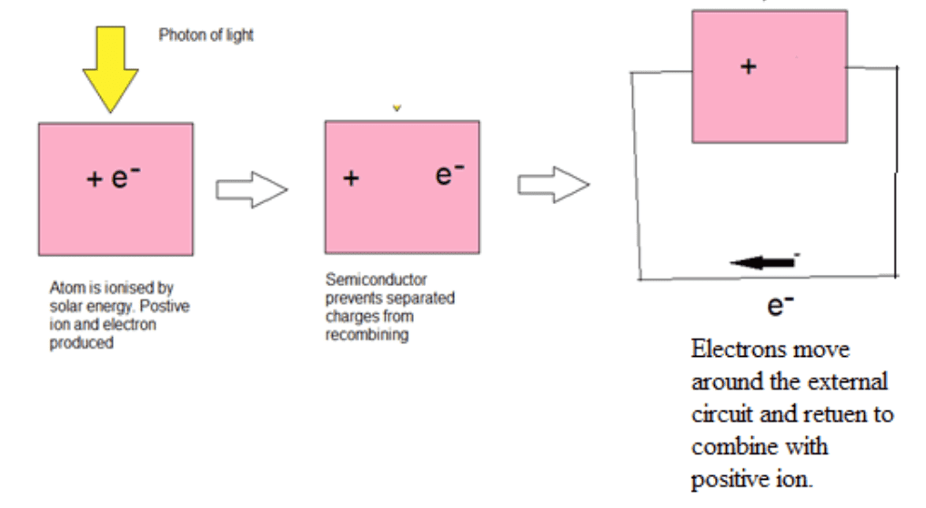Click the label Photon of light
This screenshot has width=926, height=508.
pos(206,36)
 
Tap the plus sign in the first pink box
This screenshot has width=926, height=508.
pos(94,180)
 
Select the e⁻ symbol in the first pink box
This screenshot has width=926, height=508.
pos(125,177)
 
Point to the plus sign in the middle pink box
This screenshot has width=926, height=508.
pos(351,178)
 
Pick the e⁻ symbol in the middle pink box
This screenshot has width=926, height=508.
pos(449,175)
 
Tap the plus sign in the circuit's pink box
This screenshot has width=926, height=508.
pos(748,66)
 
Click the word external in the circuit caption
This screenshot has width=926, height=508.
pos(846,382)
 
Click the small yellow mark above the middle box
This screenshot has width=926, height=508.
pos(397,108)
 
